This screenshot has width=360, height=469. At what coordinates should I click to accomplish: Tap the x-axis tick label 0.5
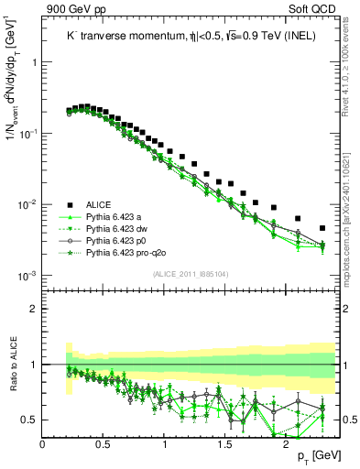tap(104, 443)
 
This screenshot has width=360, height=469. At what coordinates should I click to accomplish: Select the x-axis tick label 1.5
tap(225, 443)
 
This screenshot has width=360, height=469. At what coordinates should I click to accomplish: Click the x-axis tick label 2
tap(286, 443)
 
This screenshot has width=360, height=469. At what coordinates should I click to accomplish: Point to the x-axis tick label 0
tap(43, 443)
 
